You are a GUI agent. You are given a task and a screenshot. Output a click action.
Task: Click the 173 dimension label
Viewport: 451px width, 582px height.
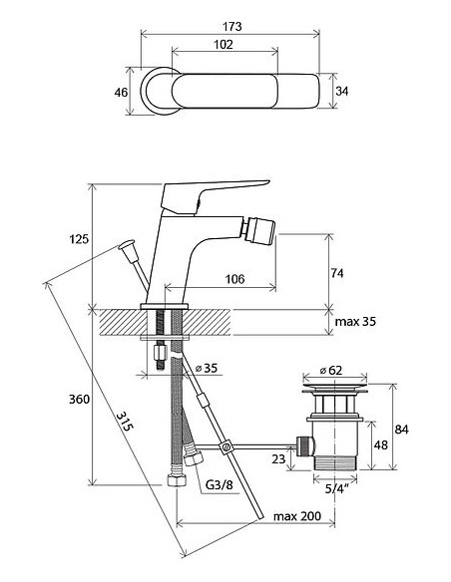click(x=231, y=26)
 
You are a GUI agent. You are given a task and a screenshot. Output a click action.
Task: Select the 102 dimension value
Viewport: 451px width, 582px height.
click(x=224, y=45)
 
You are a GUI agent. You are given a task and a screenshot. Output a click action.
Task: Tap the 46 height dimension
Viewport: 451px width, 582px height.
click(x=121, y=92)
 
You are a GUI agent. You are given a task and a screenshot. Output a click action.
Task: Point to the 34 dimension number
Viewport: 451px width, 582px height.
click(x=342, y=91)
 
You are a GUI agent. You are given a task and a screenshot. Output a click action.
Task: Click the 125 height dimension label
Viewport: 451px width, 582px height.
click(x=79, y=238)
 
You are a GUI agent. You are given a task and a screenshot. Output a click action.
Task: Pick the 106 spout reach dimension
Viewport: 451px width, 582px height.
click(x=235, y=279)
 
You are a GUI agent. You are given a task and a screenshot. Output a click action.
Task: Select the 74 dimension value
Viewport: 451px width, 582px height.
click(x=337, y=273)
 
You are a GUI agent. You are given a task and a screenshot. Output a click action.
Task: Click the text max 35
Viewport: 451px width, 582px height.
click(x=355, y=321)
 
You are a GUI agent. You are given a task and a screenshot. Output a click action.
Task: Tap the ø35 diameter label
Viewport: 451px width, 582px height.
click(x=207, y=368)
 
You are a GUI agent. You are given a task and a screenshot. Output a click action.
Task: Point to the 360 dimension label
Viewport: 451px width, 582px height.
click(x=79, y=400)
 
